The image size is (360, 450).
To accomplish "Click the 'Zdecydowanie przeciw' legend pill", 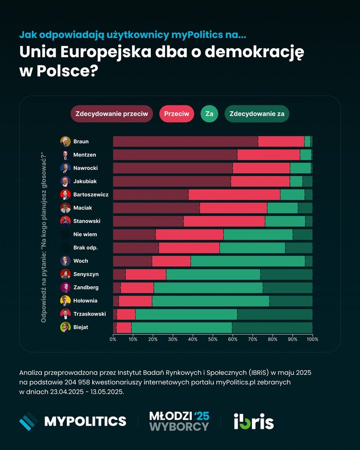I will [112, 114].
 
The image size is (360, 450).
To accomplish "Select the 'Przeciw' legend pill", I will [177, 114].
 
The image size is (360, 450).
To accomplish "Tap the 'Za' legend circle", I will [209, 114].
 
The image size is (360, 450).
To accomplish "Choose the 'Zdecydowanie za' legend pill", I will [257, 114].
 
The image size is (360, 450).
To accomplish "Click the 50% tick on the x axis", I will [213, 339].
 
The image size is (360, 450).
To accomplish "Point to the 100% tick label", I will [312, 339].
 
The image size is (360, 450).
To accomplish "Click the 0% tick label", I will [113, 339].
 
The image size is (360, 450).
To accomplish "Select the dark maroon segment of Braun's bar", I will [185, 141].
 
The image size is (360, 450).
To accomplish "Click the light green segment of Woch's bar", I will [248, 261].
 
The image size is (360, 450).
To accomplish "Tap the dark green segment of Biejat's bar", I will [272, 327].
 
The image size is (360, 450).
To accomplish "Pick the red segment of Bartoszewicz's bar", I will [234, 194].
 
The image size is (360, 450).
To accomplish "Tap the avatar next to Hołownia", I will [65, 301].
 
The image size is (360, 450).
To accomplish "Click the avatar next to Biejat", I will [65, 327].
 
